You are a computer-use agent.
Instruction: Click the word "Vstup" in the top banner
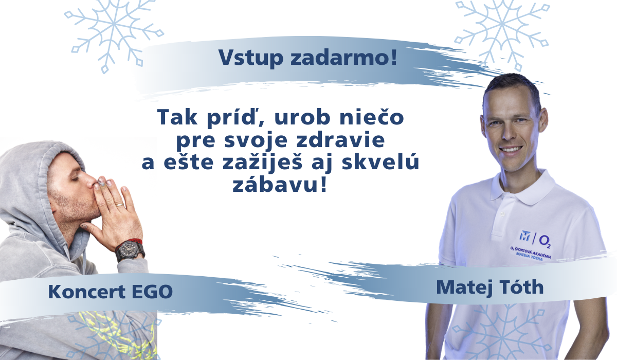pyautogui.click(x=251, y=58)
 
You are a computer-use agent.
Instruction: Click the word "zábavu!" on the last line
pyautogui.click(x=280, y=184)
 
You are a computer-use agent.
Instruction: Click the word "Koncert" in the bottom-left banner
pyautogui.click(x=87, y=292)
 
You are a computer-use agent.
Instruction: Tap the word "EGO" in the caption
pyautogui.click(x=152, y=292)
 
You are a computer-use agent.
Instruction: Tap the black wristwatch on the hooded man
pyautogui.click(x=130, y=250)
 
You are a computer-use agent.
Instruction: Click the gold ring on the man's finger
pyautogui.click(x=120, y=205)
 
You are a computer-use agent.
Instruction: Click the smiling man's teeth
pyautogui.click(x=511, y=150)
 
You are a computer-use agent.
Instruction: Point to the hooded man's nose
pyautogui.click(x=91, y=179)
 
